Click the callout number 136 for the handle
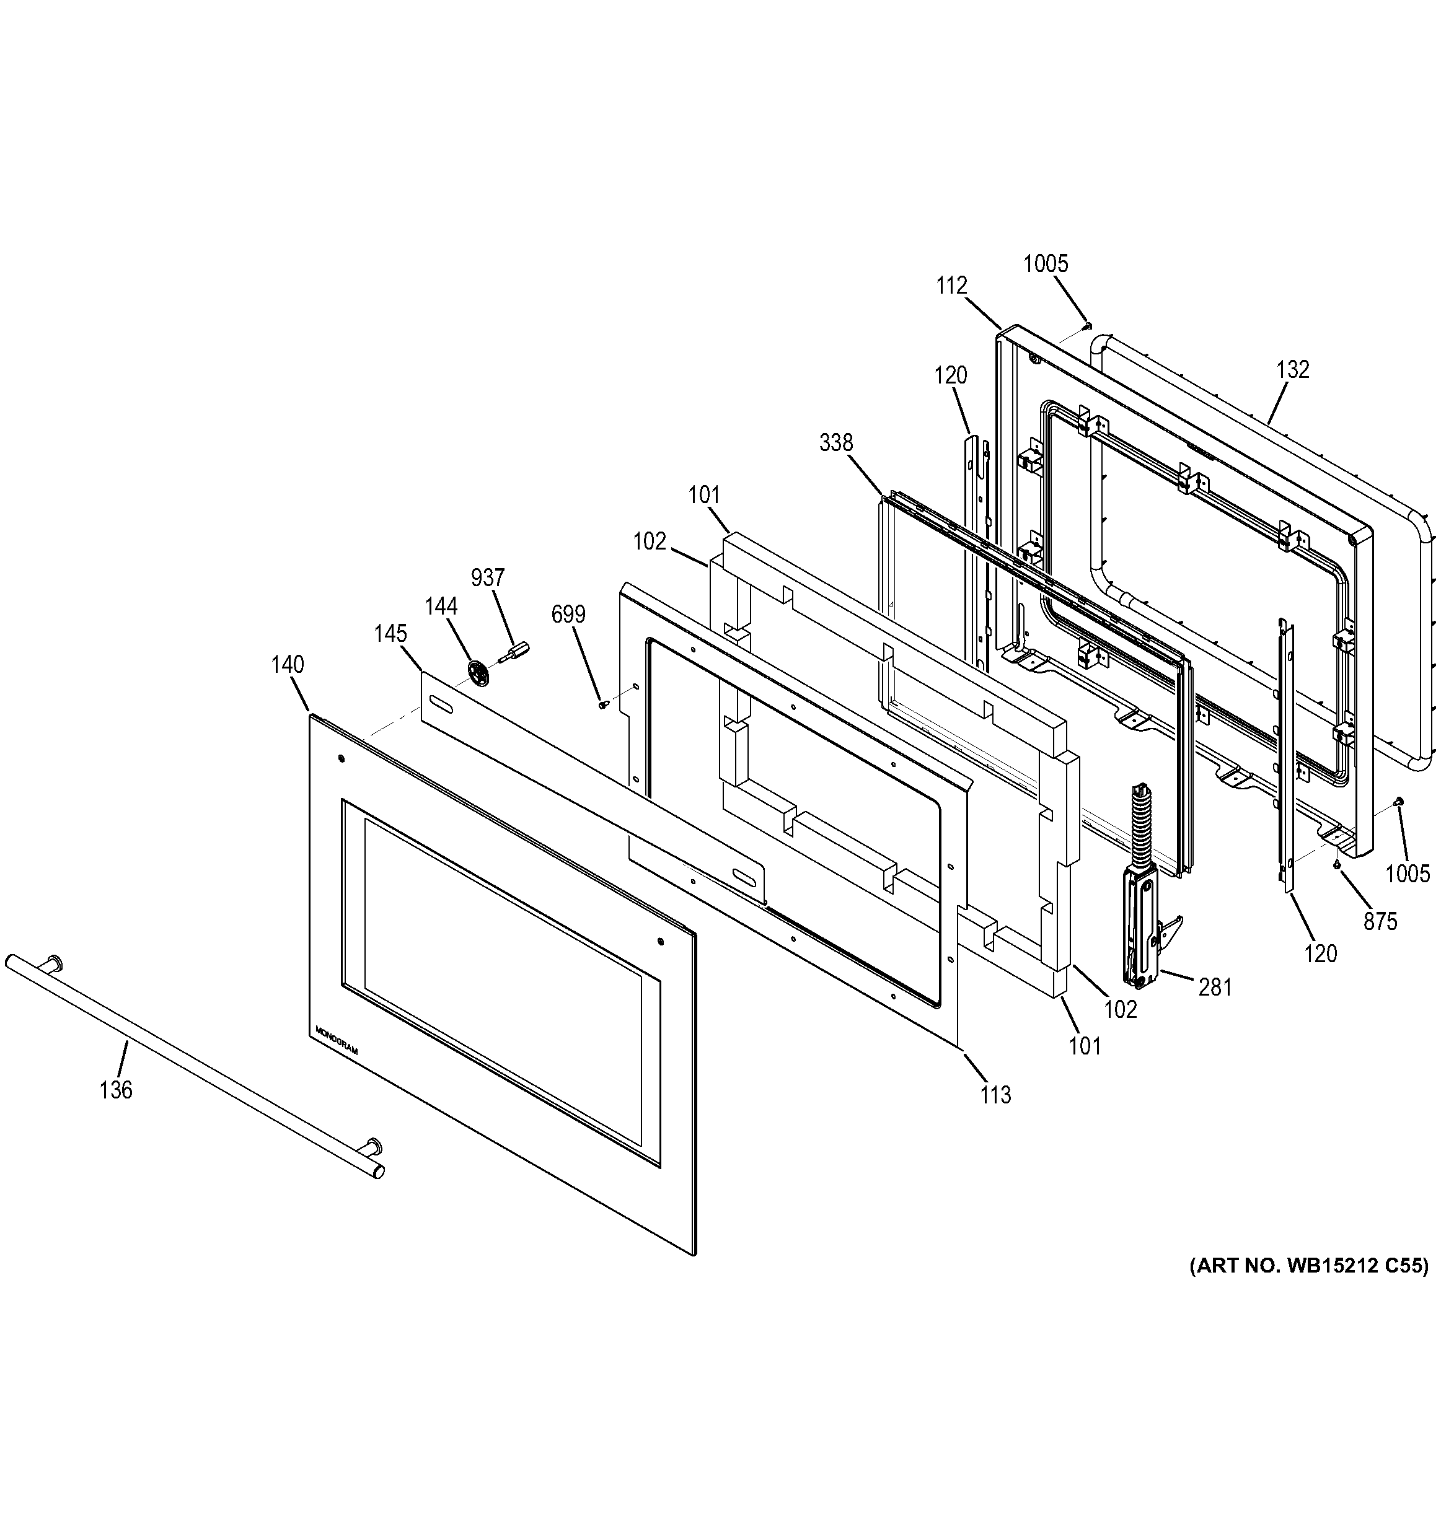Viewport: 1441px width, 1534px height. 116,1090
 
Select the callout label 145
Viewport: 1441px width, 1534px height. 390,634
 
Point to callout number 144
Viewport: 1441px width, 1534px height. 441,607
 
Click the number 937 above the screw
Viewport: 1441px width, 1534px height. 488,577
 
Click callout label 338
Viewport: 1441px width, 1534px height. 836,442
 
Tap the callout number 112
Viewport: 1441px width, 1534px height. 951,286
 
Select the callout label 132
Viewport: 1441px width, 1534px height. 1293,370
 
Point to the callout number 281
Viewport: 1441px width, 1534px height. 1215,987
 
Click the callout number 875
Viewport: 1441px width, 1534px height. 1380,921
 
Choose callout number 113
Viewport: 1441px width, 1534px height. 995,1094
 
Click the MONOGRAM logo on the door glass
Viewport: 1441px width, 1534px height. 337,1040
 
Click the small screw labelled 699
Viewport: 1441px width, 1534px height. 602,704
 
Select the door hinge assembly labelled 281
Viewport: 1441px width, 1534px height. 1142,895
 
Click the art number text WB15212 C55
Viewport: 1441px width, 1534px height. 1308,1266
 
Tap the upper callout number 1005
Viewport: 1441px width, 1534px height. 1045,264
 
